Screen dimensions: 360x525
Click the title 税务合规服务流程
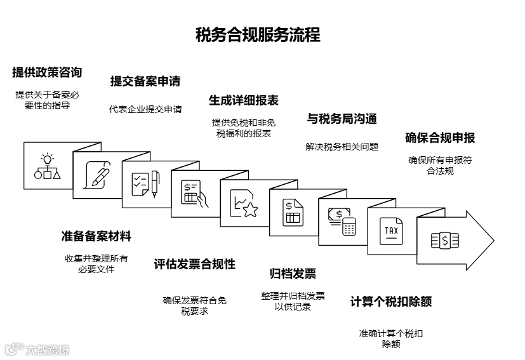pyautogui.click(x=258, y=34)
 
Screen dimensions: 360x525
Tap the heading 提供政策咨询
pyautogui.click(x=47, y=72)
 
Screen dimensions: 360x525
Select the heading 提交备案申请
pyautogui.click(x=145, y=81)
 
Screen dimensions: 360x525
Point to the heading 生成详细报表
pyautogui.click(x=244, y=100)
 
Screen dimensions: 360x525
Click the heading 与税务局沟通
pyautogui.click(x=342, y=119)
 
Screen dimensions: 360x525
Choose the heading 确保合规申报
pyautogui.click(x=440, y=138)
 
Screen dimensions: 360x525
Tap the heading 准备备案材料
pyautogui.click(x=96, y=236)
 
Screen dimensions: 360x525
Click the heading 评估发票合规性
pyautogui.click(x=195, y=264)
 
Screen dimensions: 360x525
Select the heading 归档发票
pyautogui.click(x=293, y=274)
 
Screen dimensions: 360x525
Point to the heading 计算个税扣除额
pyautogui.click(x=391, y=302)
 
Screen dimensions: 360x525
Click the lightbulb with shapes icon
pyautogui.click(x=48, y=166)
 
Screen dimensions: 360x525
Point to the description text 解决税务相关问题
pyautogui.click(x=342, y=147)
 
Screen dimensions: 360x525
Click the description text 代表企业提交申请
pyautogui.click(x=145, y=109)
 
